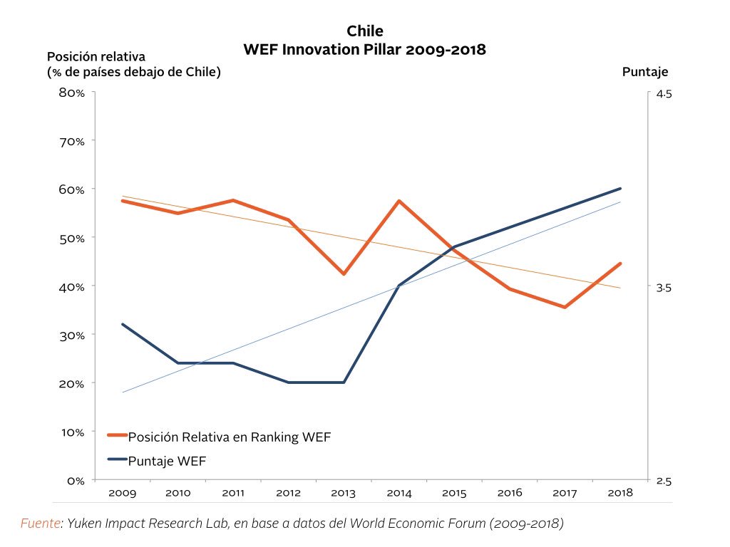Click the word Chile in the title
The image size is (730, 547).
(364, 31)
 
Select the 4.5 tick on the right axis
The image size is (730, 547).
(663, 94)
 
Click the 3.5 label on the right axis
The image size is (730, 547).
(663, 288)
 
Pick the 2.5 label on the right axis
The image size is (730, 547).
(663, 481)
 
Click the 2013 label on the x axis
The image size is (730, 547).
(344, 493)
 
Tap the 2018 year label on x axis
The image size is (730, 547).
(620, 493)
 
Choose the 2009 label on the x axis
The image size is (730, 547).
(123, 493)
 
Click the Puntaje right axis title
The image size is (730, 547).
(645, 72)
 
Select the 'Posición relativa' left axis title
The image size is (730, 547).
(96, 56)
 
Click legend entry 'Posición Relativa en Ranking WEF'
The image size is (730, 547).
(229, 437)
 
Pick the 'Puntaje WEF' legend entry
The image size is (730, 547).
(167, 460)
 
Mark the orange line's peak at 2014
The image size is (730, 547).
(399, 201)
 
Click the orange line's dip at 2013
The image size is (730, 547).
(344, 274)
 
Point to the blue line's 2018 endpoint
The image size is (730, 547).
(620, 189)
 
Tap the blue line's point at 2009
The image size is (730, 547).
(123, 324)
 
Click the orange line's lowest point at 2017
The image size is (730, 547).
(565, 307)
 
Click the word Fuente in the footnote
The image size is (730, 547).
(40, 523)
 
